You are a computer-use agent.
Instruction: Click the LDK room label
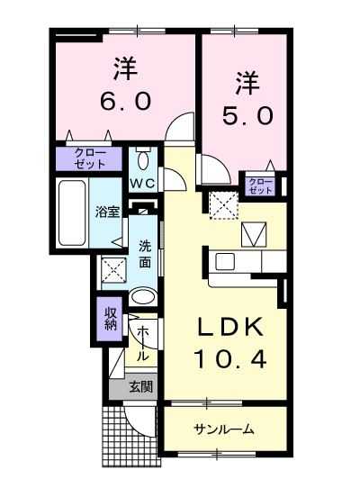coord(230,327)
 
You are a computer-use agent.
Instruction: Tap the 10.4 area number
coord(230,358)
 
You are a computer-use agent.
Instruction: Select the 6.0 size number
coord(126,101)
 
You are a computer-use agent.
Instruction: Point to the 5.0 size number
coord(248,115)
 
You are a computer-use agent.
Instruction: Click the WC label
coord(142,184)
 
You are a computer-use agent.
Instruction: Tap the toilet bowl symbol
coord(143,158)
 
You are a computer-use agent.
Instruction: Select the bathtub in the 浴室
coord(72,212)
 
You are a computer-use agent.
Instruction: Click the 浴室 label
coord(108,212)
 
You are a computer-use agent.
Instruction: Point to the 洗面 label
coord(145,255)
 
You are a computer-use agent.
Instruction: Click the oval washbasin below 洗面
coord(143,297)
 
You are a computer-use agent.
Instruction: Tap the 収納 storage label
coord(110,319)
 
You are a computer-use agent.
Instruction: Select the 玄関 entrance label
coord(141,387)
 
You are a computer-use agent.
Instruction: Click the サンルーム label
coord(224,429)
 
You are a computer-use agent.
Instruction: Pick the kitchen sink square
coord(225,262)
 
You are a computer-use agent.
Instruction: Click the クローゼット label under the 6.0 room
coord(90,158)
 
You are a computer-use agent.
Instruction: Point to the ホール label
coord(142,343)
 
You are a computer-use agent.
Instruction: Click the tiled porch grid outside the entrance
coord(130,437)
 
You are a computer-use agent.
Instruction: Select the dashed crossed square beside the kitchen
coord(223,205)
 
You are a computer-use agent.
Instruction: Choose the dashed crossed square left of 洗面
coord(114,270)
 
